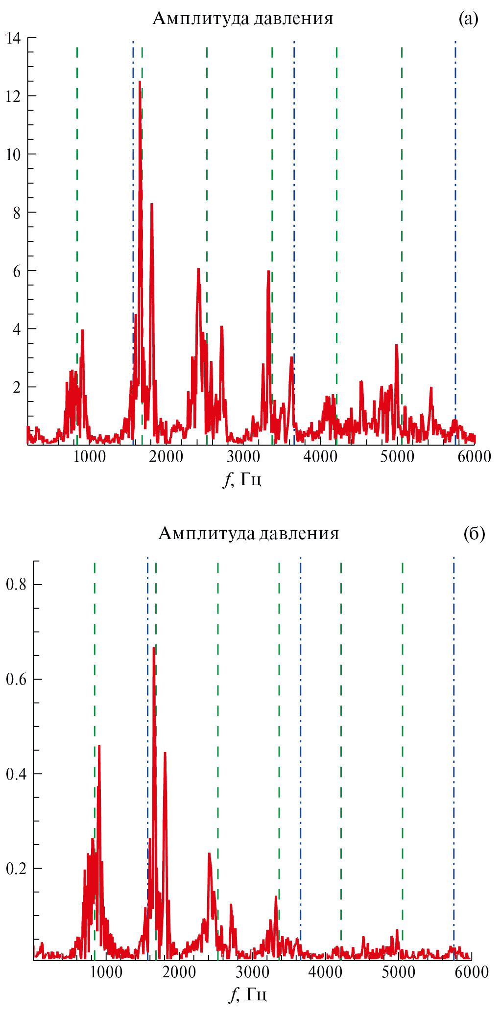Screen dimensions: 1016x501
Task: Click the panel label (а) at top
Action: coord(468,19)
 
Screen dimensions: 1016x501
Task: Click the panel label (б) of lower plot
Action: coord(474,533)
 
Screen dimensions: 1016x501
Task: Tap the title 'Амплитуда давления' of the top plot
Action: coord(243,19)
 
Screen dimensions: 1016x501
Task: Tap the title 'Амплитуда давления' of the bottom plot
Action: coord(249,533)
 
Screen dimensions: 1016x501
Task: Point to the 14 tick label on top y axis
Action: coord(13,38)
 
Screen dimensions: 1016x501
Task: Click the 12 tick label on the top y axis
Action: coord(13,96)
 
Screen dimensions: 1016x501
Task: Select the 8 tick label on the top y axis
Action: coord(17,213)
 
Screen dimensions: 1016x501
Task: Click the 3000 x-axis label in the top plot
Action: coord(243,457)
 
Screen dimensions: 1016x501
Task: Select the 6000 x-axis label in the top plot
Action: coord(474,457)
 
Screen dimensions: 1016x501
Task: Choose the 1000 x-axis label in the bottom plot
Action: coord(106,972)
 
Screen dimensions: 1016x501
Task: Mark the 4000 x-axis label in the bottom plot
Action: coord(325,972)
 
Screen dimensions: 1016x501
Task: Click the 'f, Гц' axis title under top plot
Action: coord(243,479)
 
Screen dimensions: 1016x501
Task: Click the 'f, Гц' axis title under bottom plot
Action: coord(248,994)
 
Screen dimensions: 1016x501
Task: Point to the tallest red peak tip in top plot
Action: coord(140,82)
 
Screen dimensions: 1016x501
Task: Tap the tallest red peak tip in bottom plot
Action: coord(154,648)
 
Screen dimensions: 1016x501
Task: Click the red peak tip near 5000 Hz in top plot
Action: coord(396,345)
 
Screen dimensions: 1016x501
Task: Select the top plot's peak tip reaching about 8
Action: coord(151,204)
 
